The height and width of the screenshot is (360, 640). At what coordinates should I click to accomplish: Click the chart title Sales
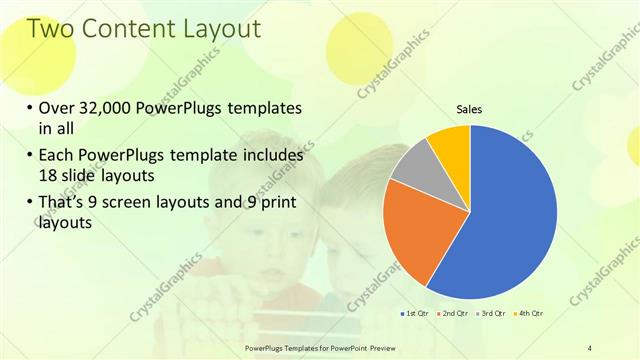tap(470, 109)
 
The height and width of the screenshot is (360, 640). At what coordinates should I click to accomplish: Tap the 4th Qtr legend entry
tap(529, 314)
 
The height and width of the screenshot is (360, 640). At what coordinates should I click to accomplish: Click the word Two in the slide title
tap(52, 29)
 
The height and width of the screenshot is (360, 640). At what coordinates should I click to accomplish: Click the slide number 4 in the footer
tap(589, 347)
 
